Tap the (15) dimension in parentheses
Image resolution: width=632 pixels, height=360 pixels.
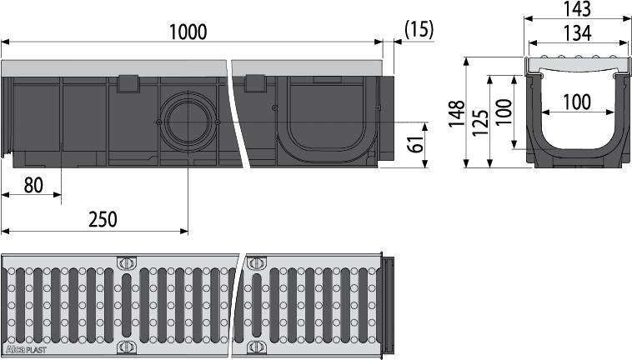(x=419, y=29)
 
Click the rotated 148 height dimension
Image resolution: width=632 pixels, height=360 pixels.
(x=455, y=113)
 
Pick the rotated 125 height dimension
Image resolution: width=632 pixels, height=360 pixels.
(x=480, y=122)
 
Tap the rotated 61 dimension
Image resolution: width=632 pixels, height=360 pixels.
(x=414, y=145)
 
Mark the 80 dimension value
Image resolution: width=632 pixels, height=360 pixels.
(x=33, y=185)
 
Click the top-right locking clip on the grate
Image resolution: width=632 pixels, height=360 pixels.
(x=256, y=262)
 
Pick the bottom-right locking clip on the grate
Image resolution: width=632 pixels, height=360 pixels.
(x=256, y=346)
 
